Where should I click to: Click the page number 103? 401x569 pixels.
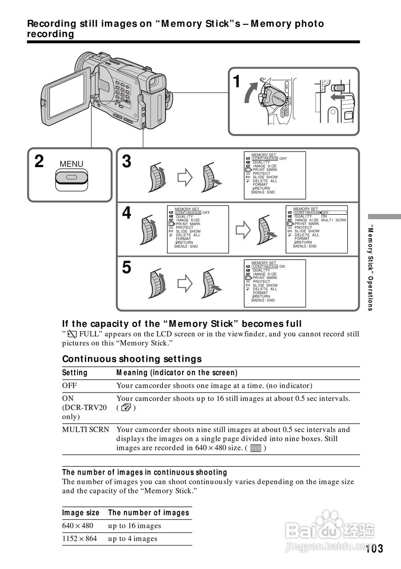(375, 549)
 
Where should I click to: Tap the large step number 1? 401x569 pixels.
(238, 81)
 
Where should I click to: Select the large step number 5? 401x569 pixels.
(127, 268)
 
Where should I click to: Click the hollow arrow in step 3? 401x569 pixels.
(185, 177)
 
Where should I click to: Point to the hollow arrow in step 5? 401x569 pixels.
(185, 283)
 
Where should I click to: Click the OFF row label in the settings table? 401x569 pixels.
(69, 385)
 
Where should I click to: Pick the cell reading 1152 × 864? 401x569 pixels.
(80, 539)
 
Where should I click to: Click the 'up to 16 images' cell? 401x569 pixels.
(135, 526)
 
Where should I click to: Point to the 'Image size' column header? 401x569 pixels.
(81, 513)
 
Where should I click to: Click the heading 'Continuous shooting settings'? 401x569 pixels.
(132, 359)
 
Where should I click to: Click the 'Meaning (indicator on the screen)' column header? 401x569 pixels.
(177, 373)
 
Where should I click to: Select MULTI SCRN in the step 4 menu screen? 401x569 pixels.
(334, 220)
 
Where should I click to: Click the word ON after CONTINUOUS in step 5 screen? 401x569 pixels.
(282, 267)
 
